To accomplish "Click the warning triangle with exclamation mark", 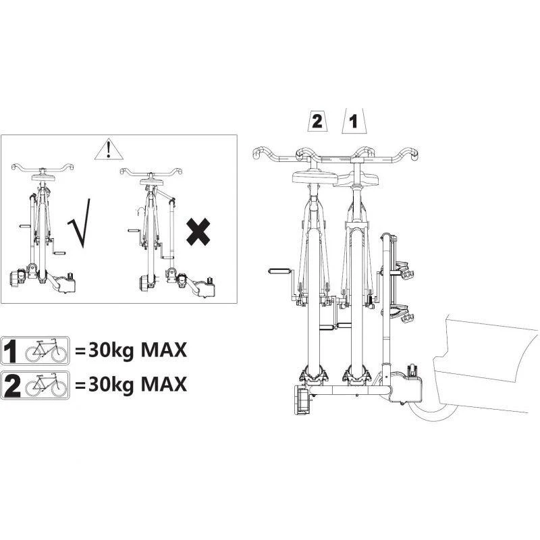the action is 109,149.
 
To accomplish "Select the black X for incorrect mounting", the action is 198,232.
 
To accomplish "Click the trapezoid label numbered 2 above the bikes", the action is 317,122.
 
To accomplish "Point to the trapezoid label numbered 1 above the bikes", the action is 354,122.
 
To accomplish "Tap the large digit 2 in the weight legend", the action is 12,385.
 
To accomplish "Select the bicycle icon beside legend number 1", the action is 46,350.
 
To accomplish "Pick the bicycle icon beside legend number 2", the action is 46,385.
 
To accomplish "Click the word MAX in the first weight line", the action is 164,350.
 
